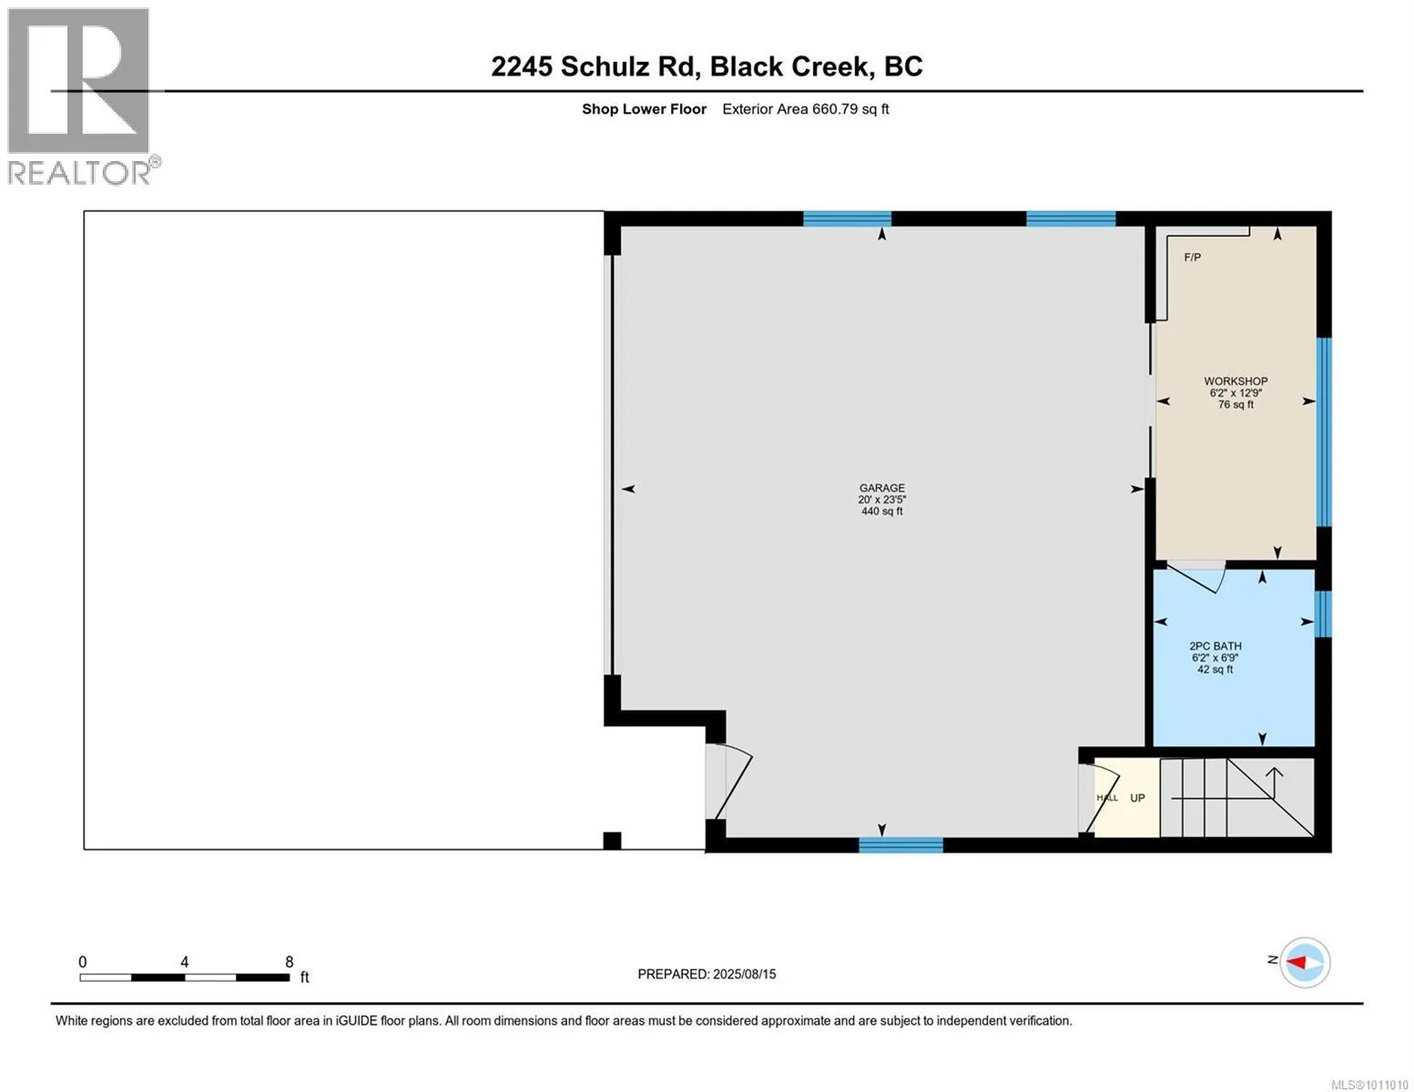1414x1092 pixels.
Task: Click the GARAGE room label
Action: coord(881,488)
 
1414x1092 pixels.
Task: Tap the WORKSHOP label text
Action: coord(1236,381)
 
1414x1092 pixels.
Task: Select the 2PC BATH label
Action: coord(1215,646)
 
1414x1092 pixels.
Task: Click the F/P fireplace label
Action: coord(1192,258)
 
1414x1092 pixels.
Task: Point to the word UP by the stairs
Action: coord(1137,798)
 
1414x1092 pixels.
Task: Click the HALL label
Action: coord(1107,798)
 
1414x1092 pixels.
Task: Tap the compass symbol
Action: coord(1305,962)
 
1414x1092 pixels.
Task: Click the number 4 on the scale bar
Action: coord(185,962)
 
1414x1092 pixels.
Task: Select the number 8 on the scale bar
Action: coord(289,962)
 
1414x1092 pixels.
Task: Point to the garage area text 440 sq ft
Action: coord(881,511)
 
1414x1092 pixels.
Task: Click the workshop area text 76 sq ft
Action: coord(1236,405)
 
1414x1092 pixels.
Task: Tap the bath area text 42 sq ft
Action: coord(1215,669)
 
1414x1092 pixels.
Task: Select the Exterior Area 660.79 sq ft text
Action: coord(806,109)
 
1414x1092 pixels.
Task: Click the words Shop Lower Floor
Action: coord(645,109)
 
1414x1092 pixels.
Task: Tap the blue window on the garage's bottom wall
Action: coord(900,844)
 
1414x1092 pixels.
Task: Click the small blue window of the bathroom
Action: coord(1323,614)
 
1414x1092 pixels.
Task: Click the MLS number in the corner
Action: coord(1369,1085)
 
